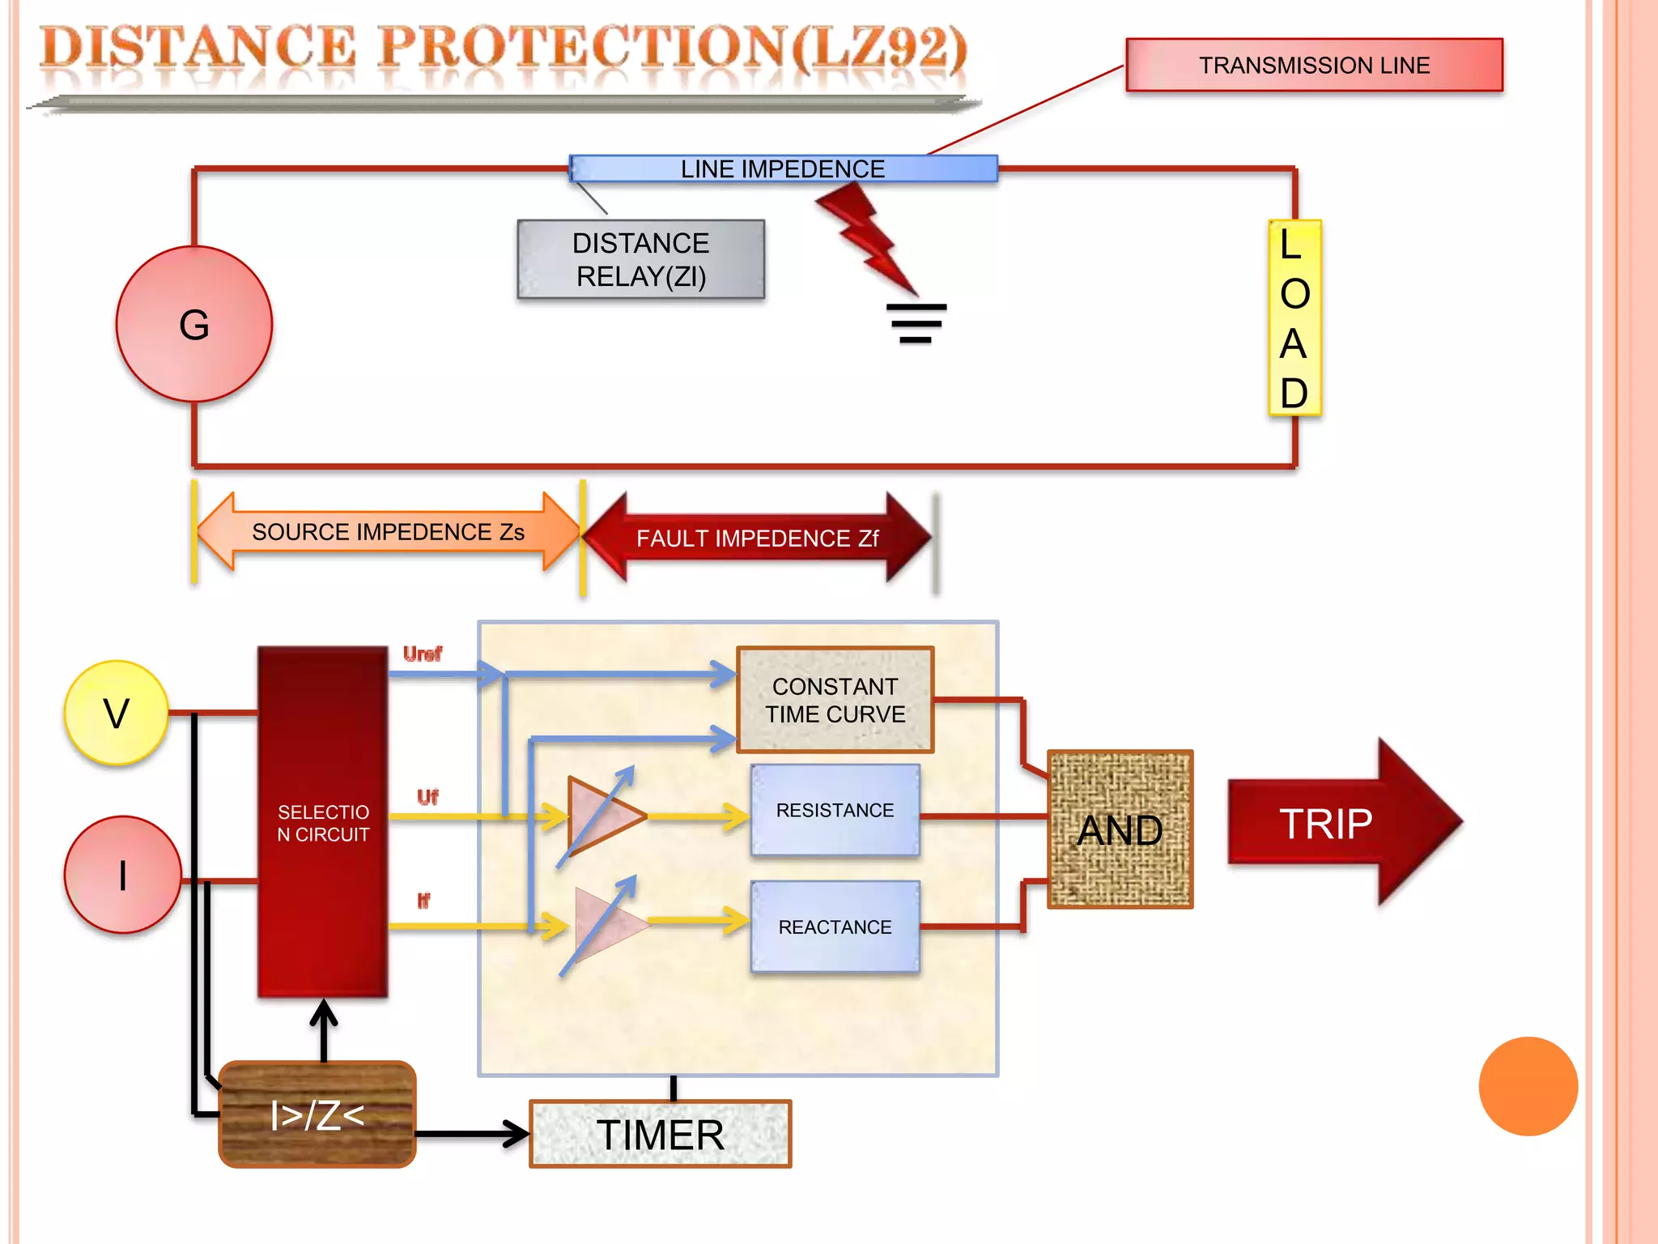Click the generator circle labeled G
tap(194, 324)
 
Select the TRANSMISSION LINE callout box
tap(1313, 65)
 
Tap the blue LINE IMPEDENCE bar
tap(782, 168)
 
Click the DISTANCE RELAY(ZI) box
tap(640, 259)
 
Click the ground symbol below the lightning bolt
tap(916, 323)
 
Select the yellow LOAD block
tap(1294, 317)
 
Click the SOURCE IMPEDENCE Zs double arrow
tap(388, 532)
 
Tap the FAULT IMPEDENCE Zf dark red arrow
tap(757, 538)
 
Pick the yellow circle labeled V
tap(117, 713)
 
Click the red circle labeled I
tap(122, 875)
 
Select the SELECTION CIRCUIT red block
tap(323, 822)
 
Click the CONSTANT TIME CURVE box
tap(835, 700)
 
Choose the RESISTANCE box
tap(835, 810)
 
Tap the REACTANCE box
tap(835, 927)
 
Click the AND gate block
tap(1120, 829)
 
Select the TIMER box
tap(660, 1134)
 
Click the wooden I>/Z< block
tap(317, 1114)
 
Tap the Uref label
tap(422, 654)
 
